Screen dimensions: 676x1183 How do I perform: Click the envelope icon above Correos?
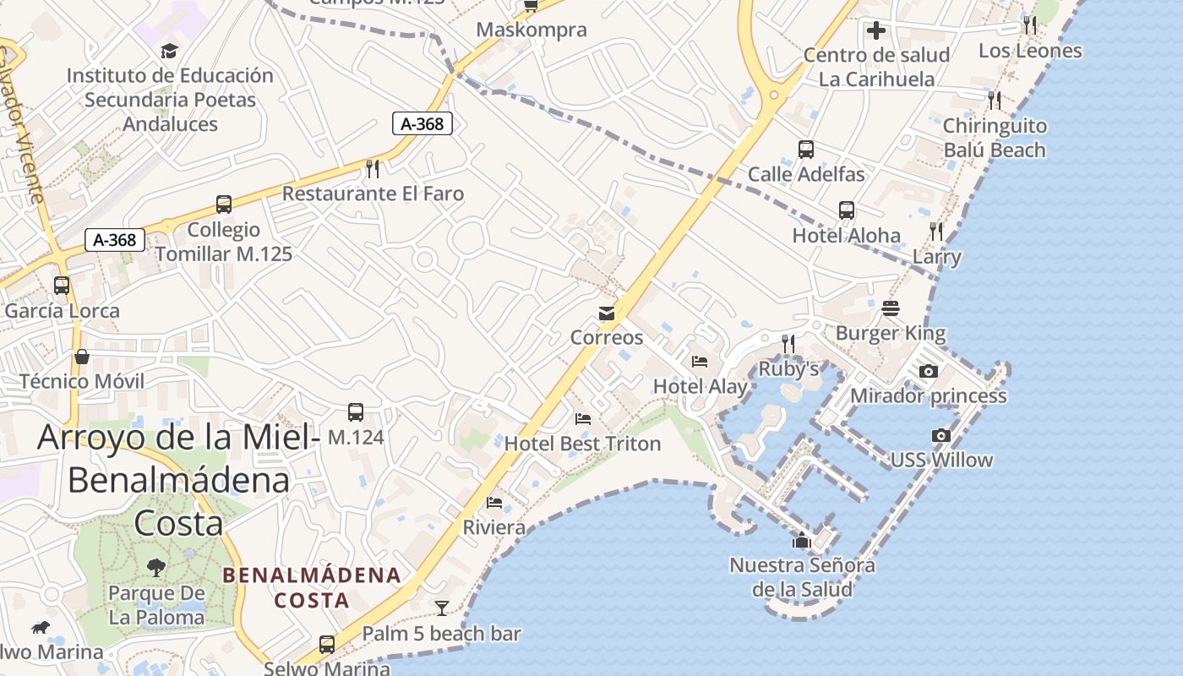click(x=607, y=313)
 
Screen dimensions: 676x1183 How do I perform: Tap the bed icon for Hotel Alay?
click(x=700, y=362)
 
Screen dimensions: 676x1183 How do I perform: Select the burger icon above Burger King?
click(x=891, y=308)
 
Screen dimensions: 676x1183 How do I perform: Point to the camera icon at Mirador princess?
click(x=928, y=371)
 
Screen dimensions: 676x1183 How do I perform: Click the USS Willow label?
click(x=941, y=461)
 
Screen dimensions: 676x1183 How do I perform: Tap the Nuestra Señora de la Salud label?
click(x=802, y=576)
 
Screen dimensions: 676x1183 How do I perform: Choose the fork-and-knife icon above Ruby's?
click(x=788, y=344)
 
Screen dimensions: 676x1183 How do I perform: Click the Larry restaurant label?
click(x=936, y=257)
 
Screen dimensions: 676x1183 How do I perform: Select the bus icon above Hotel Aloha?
click(x=847, y=210)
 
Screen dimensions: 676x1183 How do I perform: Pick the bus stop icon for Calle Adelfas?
click(x=806, y=150)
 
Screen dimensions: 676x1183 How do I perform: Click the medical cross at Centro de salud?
click(x=876, y=31)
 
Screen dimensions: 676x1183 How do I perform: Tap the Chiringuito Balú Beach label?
click(x=995, y=138)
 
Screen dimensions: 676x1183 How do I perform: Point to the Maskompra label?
click(x=532, y=30)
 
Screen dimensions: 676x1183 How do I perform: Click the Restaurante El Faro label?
click(x=373, y=194)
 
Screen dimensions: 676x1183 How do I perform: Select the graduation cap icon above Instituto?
click(x=170, y=51)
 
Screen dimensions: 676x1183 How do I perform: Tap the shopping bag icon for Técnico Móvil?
click(x=82, y=357)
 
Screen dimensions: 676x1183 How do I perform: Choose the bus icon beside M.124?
click(x=356, y=412)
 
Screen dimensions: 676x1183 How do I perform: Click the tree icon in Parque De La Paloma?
click(x=156, y=567)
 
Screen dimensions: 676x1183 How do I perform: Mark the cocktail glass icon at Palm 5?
click(x=442, y=608)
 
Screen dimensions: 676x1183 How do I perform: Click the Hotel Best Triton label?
click(x=582, y=444)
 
